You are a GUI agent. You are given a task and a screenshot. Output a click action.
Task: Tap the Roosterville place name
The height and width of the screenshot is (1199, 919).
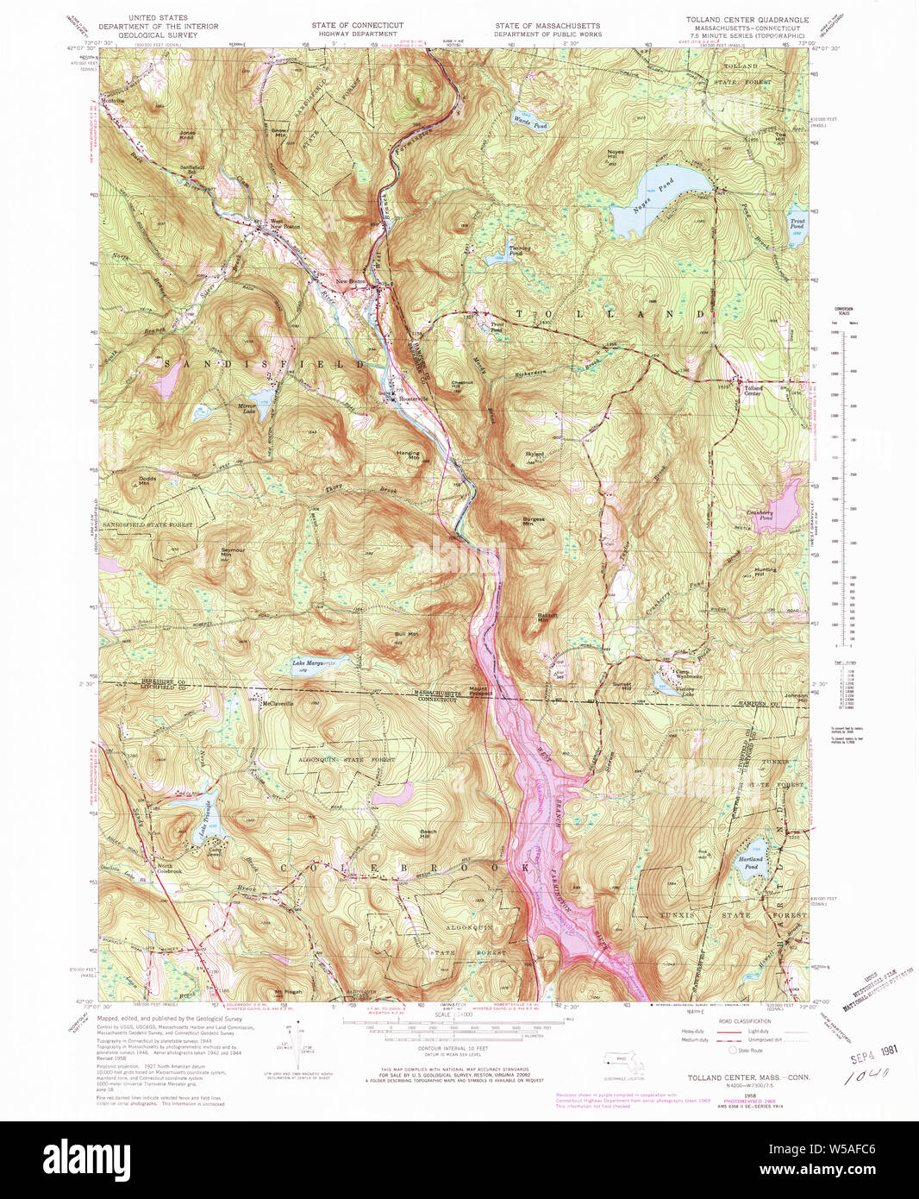(411, 398)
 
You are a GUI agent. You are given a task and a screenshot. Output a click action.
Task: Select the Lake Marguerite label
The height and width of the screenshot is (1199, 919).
(313, 663)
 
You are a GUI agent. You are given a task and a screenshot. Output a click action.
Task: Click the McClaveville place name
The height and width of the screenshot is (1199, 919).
(278, 703)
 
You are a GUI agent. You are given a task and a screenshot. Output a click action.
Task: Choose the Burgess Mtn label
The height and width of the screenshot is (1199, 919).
(534, 521)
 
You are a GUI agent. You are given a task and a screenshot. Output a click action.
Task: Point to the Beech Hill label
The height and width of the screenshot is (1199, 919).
(428, 834)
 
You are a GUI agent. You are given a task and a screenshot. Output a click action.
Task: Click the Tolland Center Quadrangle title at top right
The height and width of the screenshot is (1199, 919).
(747, 18)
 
